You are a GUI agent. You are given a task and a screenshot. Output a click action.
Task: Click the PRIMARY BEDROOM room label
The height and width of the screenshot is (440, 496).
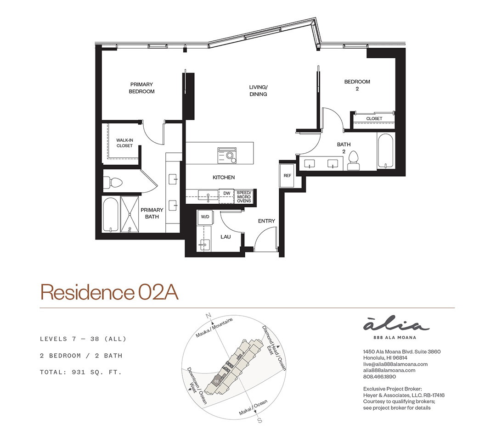click(141, 88)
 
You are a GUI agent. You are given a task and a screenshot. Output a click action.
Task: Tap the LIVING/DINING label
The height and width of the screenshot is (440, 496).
click(258, 90)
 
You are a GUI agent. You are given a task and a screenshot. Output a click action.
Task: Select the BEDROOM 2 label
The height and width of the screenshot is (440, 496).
click(357, 85)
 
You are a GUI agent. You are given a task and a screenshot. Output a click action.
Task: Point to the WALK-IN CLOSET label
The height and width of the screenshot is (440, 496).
click(124, 143)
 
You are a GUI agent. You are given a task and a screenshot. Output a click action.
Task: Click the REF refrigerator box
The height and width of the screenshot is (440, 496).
click(287, 175)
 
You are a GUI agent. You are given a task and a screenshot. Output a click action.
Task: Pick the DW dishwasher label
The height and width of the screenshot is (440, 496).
click(227, 193)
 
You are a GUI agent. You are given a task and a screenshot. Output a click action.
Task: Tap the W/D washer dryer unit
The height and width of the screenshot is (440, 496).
click(205, 217)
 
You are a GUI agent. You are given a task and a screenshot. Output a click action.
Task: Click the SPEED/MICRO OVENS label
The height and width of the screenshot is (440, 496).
click(244, 197)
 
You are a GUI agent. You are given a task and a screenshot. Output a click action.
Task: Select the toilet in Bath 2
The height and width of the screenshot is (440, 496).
click(353, 162)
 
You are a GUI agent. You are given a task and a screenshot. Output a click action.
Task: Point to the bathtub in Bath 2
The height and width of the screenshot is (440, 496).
click(385, 151)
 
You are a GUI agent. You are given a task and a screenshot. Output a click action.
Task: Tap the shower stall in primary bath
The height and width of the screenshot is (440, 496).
click(130, 214)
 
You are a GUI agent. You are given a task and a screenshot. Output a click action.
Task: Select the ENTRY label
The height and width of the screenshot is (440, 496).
click(266, 221)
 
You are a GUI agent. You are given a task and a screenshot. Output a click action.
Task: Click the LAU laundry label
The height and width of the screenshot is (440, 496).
click(225, 237)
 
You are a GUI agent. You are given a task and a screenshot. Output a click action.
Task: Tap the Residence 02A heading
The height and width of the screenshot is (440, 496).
click(109, 292)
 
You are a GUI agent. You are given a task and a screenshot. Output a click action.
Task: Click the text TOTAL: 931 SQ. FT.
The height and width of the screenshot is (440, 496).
click(81, 372)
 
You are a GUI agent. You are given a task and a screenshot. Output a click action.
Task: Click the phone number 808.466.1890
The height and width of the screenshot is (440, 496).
click(379, 377)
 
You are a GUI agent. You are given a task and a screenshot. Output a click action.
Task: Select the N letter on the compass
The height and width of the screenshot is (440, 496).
click(208, 316)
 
